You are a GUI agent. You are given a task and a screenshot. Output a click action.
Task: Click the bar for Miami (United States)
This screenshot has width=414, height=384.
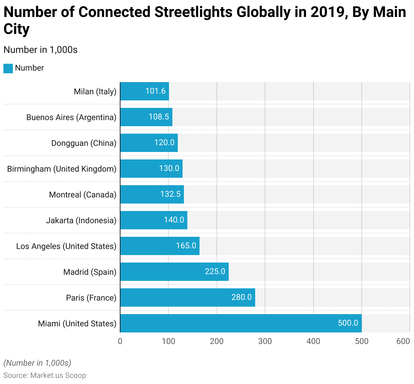tap(241, 323)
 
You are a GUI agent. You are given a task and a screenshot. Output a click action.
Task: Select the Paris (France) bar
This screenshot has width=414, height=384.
tap(188, 297)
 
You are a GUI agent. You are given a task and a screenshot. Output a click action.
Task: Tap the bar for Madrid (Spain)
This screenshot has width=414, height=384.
tap(174, 272)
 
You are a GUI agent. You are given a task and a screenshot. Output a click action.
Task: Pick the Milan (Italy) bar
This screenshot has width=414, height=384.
tap(145, 91)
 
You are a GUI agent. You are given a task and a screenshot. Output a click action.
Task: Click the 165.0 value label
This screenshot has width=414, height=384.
tap(186, 246)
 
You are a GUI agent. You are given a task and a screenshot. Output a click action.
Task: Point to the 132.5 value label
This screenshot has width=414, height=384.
tap(170, 194)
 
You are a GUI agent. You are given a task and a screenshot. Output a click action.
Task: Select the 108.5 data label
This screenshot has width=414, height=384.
tap(159, 117)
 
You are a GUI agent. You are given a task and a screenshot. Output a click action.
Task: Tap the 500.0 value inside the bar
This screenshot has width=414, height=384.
tap(348, 323)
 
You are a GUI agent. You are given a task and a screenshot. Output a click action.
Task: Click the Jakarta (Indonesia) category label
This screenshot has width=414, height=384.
tap(81, 220)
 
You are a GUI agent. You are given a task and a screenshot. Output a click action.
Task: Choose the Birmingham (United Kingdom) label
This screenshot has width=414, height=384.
tap(62, 169)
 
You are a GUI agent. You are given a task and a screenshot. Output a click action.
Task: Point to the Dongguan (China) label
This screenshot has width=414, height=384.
tap(84, 143)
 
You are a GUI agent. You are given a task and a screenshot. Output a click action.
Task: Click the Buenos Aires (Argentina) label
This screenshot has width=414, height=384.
tap(71, 117)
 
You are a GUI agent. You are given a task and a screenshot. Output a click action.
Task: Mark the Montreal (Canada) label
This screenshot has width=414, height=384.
tap(83, 195)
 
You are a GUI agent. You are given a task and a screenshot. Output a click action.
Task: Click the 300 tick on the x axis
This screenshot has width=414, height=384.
tap(265, 341)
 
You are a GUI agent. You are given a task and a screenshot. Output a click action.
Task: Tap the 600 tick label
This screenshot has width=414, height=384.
tap(403, 341)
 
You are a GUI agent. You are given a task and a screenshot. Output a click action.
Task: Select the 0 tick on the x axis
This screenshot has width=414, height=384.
tap(120, 341)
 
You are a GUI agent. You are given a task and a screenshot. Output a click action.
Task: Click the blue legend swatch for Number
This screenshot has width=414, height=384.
tap(8, 68)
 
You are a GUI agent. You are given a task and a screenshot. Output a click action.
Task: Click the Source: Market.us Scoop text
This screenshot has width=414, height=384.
tap(45, 376)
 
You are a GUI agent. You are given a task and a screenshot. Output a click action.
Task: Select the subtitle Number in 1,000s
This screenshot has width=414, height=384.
tap(40, 50)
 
